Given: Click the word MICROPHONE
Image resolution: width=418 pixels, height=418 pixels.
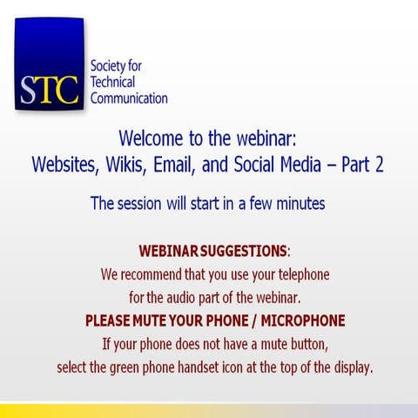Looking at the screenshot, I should (x=299, y=320).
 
